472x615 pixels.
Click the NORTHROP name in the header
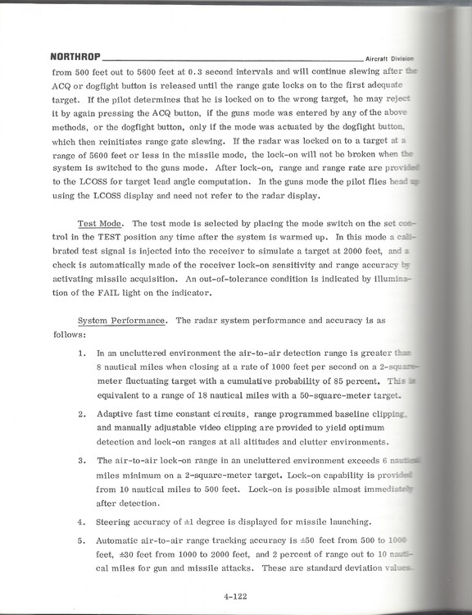coord(75,58)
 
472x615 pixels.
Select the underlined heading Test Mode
coord(99,224)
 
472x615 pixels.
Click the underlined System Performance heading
coord(124,321)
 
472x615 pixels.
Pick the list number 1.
coord(82,353)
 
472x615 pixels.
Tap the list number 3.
coord(82,462)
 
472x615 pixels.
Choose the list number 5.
coord(82,540)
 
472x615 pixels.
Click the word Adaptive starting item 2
coord(116,415)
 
